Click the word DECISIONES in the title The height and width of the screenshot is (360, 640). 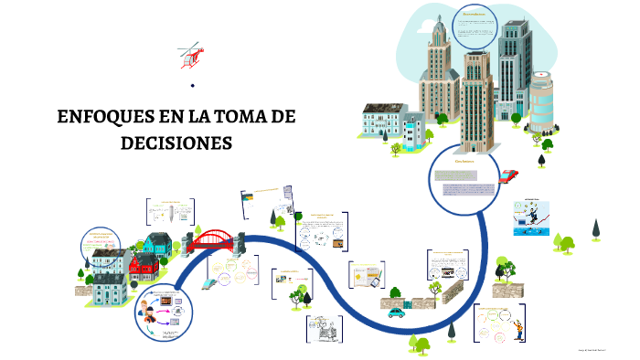[x=176, y=143]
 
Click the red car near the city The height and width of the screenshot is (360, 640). [x=509, y=174]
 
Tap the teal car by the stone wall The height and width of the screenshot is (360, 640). [x=396, y=312]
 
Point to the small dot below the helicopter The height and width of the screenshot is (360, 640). [x=193, y=87]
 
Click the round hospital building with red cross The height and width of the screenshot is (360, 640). [x=542, y=101]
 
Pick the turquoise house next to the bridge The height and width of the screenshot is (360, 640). [x=161, y=244]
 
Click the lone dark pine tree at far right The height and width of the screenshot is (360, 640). [x=595, y=228]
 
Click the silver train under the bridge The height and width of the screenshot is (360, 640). [x=209, y=281]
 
